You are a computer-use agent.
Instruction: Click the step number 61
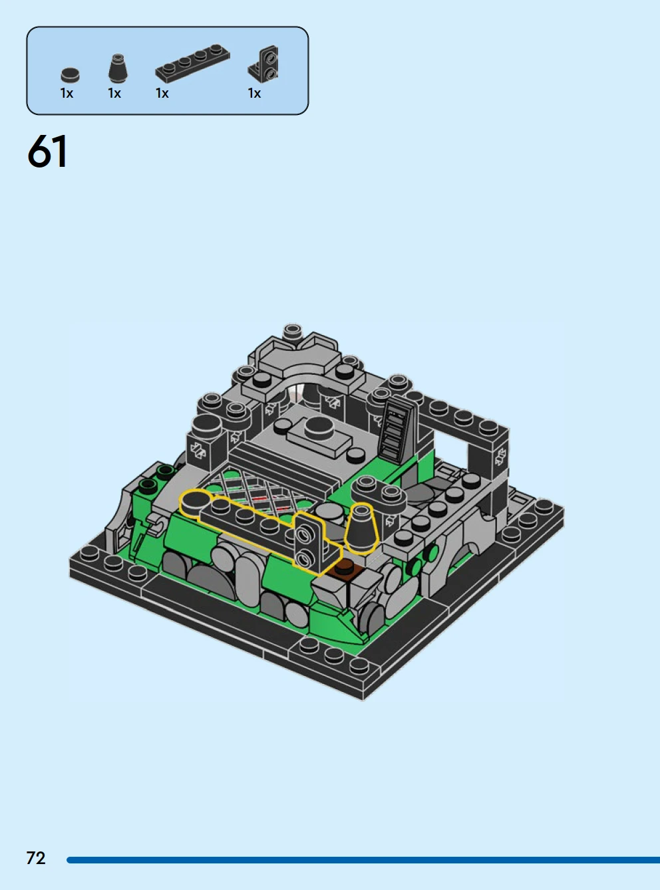pos(47,152)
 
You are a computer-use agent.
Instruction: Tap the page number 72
pos(36,858)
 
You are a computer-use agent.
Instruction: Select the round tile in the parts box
pos(71,74)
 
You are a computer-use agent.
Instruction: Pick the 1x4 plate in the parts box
pos(193,62)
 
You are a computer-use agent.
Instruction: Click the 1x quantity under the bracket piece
pos(254,94)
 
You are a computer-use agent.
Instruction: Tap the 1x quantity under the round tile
pos(67,94)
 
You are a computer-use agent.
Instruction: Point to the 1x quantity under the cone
pos(114,94)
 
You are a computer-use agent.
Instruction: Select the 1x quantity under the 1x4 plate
pos(162,94)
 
